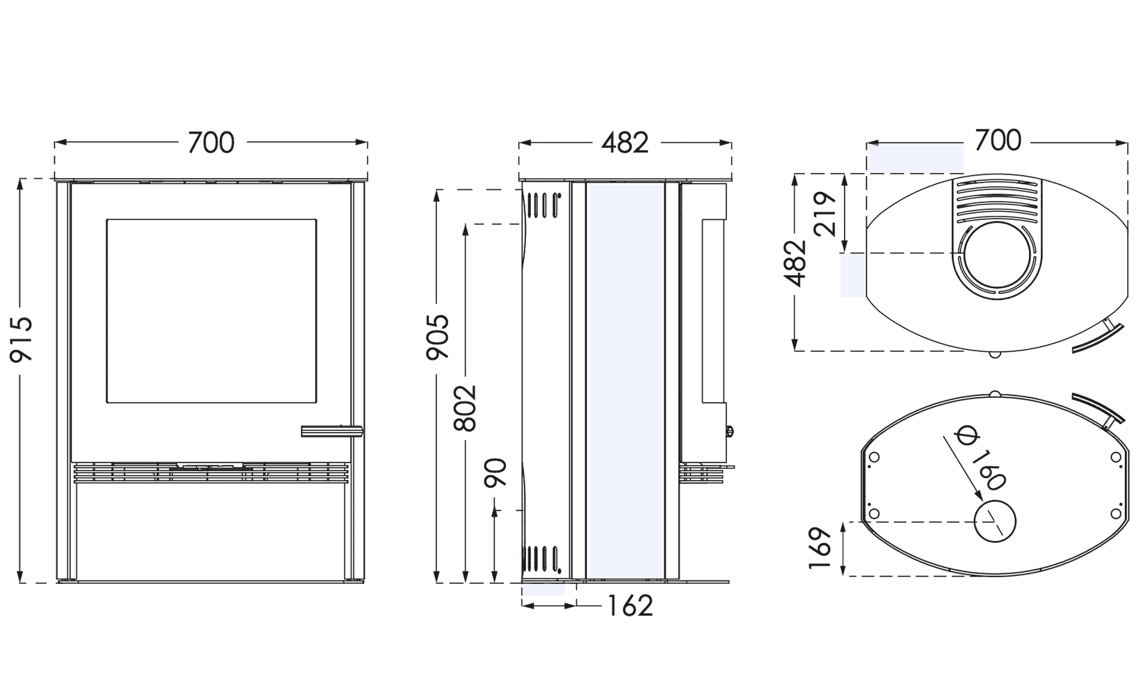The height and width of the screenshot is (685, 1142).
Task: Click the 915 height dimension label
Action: pos(22,340)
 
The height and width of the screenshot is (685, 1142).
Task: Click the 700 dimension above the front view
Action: pos(211,143)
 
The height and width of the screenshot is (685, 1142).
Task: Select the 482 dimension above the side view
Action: pos(625,143)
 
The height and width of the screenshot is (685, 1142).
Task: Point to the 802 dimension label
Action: pos(465,408)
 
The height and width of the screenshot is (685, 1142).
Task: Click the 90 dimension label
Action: pos(495,473)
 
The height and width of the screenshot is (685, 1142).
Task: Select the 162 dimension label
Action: pos(630,606)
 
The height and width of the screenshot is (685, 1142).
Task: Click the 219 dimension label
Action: pos(825,213)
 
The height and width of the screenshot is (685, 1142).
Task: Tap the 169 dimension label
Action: pos(820,548)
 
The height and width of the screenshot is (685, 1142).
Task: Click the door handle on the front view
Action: pos(332,431)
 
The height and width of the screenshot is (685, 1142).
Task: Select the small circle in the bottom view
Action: pos(995,522)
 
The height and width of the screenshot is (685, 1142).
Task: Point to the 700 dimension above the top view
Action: pos(998,140)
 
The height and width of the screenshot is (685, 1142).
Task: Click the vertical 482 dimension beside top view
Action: pos(795,264)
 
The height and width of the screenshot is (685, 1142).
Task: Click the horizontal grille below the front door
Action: pos(211,473)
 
